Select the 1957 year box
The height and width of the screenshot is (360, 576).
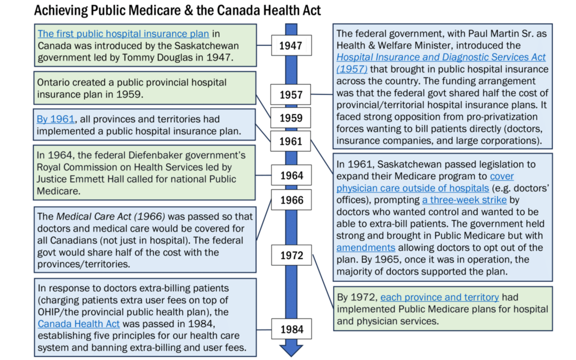pos(291,95)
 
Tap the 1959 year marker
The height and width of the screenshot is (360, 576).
pos(291,118)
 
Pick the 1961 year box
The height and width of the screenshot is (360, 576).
pos(291,141)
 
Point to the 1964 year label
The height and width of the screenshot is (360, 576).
pos(291,175)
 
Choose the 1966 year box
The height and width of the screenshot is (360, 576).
pos(291,200)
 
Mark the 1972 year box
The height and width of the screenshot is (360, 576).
pos(291,255)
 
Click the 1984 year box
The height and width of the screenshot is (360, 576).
pos(291,329)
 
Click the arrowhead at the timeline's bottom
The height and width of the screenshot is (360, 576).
pos(291,350)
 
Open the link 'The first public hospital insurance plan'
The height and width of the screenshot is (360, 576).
pos(123,34)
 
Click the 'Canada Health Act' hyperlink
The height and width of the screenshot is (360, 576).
pos(78,324)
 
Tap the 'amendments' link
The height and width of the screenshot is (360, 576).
pos(366,247)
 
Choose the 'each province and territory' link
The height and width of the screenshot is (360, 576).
pos(439,297)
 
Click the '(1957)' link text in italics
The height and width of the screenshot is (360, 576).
pos(352,69)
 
